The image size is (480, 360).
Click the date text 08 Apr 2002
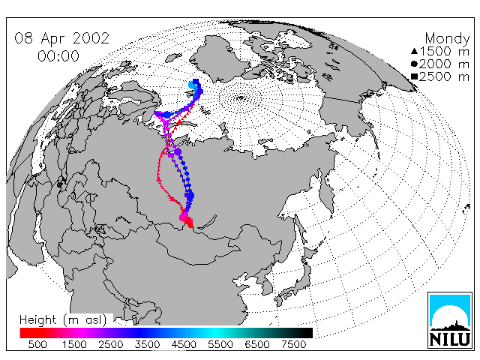click(x=61, y=38)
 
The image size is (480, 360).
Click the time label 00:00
click(x=58, y=56)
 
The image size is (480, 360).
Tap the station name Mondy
click(x=447, y=39)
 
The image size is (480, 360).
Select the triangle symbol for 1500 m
click(x=414, y=51)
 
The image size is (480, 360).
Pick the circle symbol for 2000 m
click(x=414, y=64)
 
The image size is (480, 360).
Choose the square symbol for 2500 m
click(x=415, y=76)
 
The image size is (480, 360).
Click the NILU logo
click(x=450, y=320)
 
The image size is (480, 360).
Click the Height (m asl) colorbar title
click(x=63, y=320)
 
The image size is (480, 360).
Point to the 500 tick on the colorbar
click(x=37, y=344)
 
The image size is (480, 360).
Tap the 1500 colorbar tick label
click(x=74, y=344)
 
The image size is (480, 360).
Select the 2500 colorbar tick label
click(x=111, y=344)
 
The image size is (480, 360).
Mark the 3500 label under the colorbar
click(x=147, y=344)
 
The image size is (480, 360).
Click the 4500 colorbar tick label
click(x=184, y=344)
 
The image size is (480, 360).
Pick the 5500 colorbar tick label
click(x=220, y=344)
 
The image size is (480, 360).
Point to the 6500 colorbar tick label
click(x=257, y=344)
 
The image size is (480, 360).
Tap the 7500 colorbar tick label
click(x=293, y=344)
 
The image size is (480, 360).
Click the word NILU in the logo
click(x=450, y=340)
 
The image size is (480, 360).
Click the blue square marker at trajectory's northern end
click(x=196, y=82)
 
